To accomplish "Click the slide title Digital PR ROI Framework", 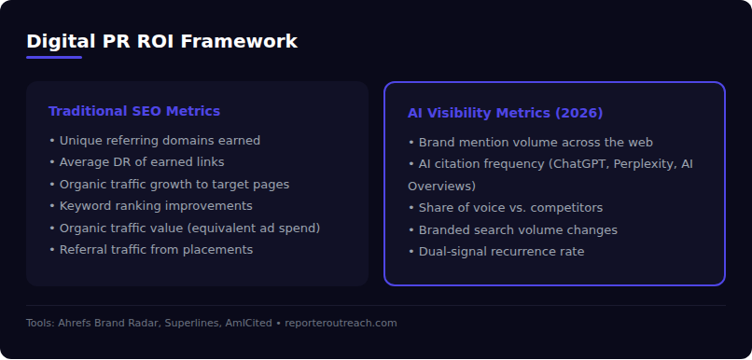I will (x=161, y=41).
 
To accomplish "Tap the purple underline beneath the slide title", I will (x=54, y=58).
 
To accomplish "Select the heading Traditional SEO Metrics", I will (x=134, y=111).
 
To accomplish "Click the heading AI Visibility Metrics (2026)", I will (x=505, y=113).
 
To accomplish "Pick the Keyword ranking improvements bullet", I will (x=150, y=205).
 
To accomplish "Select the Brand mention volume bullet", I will (x=530, y=143).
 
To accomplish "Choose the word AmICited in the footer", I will (x=244, y=323).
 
